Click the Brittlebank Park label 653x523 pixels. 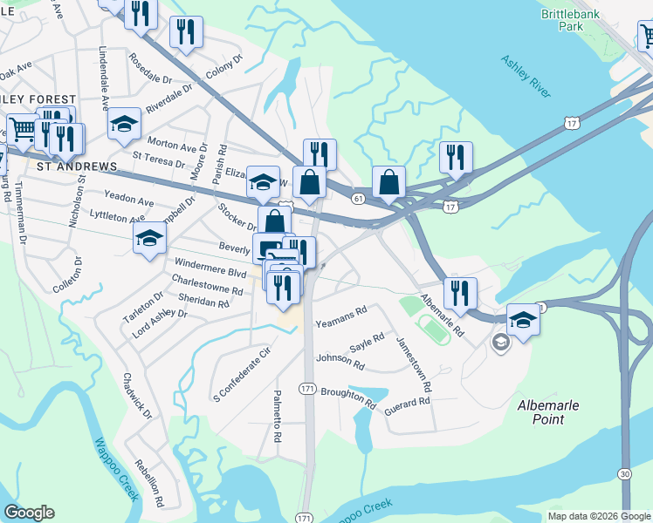pyautogui.click(x=586, y=20)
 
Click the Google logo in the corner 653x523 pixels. pyautogui.click(x=29, y=513)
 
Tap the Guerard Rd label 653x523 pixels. pyautogui.click(x=407, y=403)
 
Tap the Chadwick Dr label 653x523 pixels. pyautogui.click(x=138, y=397)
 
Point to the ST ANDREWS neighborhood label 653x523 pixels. pyautogui.click(x=76, y=166)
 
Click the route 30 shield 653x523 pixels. pyautogui.click(x=624, y=497)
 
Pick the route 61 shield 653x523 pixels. pyautogui.click(x=359, y=199)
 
